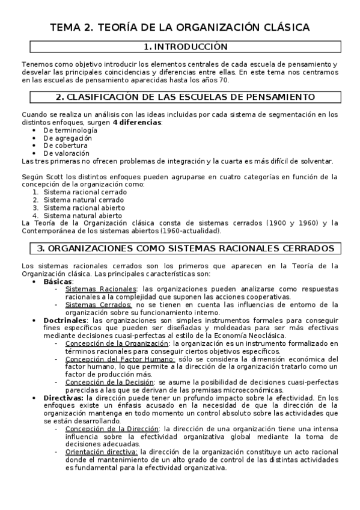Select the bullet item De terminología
click(70, 130)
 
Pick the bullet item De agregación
click(68, 138)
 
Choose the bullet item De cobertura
click(66, 146)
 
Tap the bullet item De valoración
click(67, 153)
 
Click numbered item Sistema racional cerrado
click(85, 192)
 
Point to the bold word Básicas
click(58, 281)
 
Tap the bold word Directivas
click(64, 398)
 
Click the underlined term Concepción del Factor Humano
click(111, 358)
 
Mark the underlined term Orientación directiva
click(102, 452)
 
